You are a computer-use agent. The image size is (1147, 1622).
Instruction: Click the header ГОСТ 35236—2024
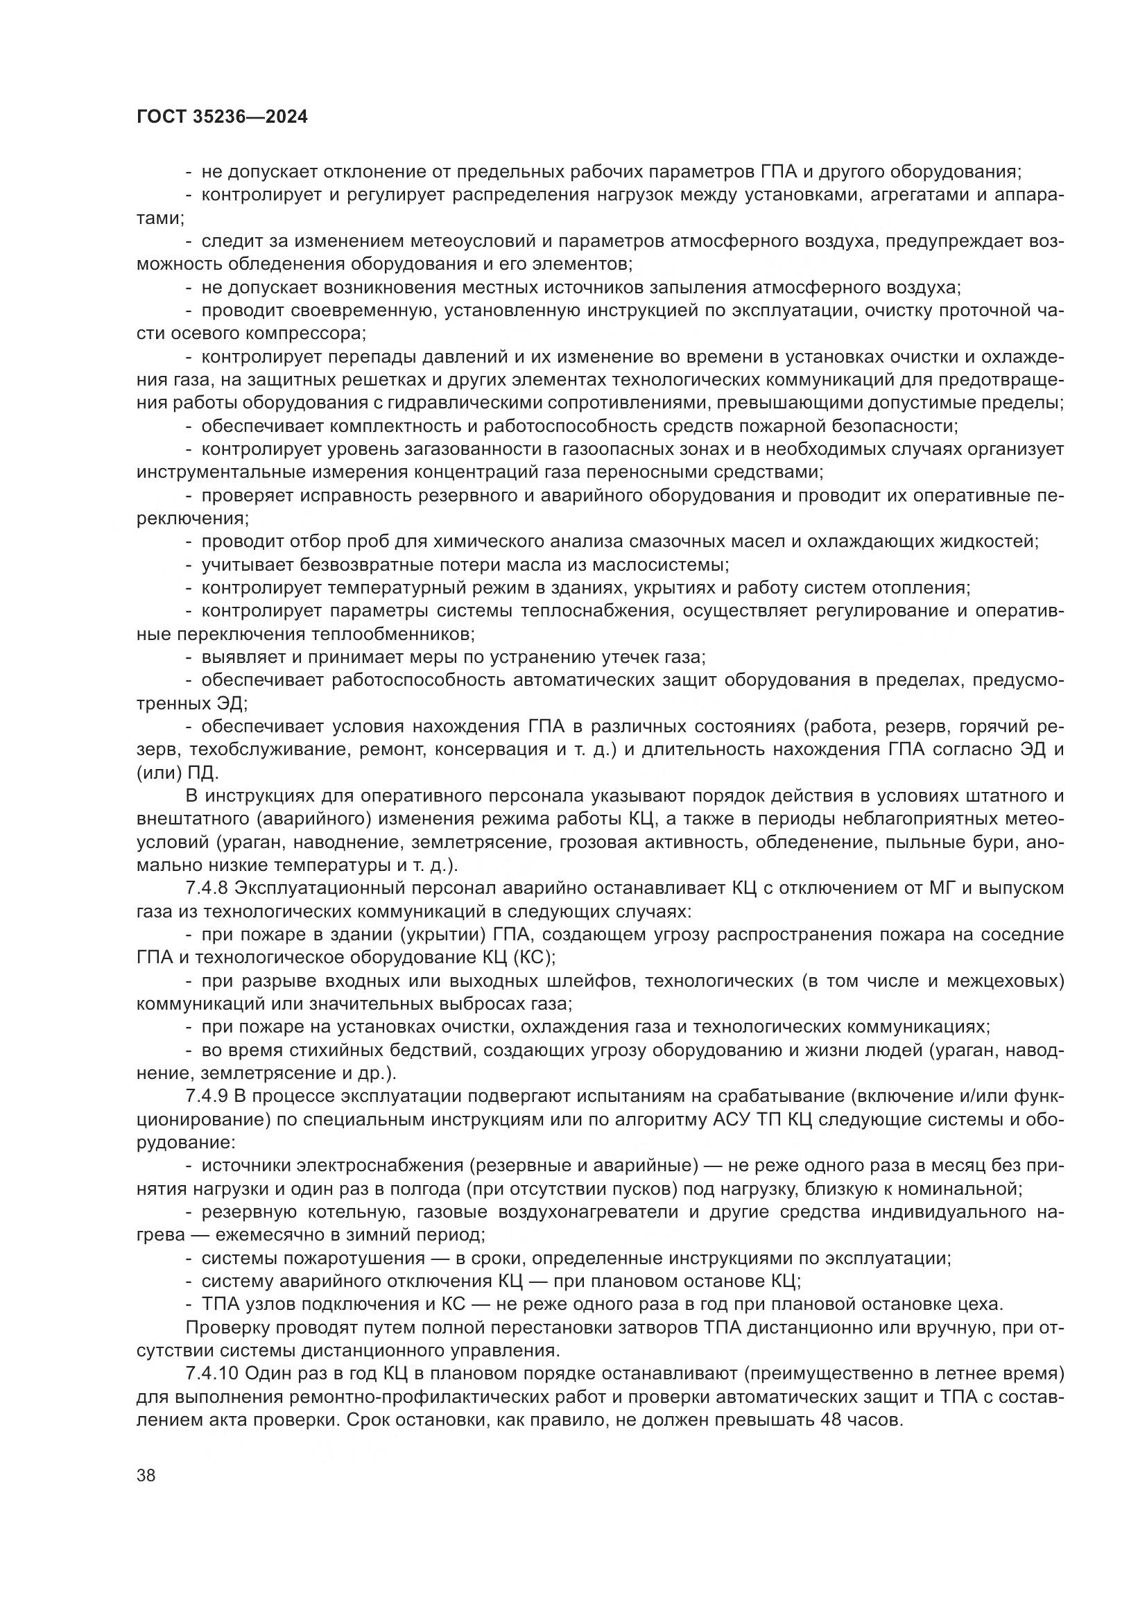(x=222, y=117)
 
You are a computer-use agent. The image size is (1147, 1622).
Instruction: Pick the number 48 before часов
(x=830, y=1420)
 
